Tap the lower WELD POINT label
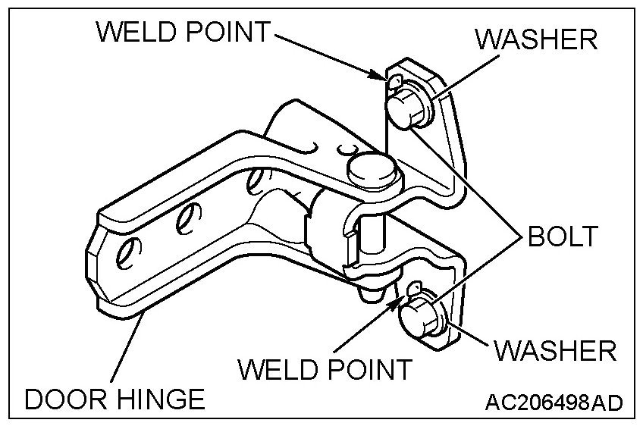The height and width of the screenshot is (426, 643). click(x=325, y=369)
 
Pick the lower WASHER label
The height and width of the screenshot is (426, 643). click(x=555, y=350)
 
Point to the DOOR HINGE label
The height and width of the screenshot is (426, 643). click(x=114, y=399)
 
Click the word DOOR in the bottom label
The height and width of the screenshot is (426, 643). click(x=67, y=399)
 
